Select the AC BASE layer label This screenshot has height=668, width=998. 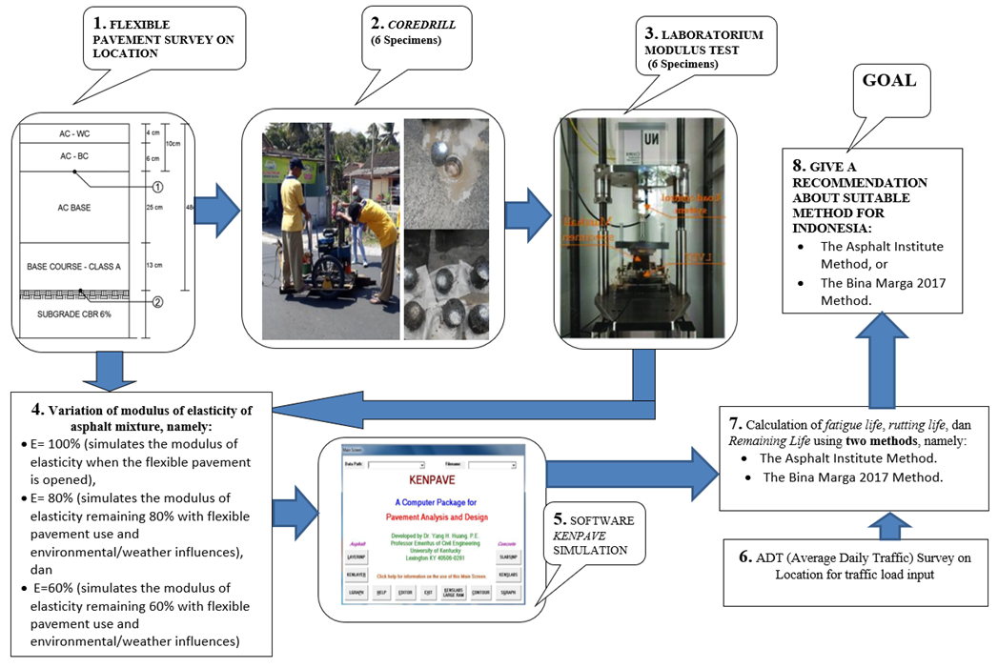point(74,207)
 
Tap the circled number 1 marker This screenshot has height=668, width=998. point(158,187)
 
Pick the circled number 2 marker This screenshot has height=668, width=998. point(158,303)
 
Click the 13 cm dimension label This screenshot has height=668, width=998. point(153,264)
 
